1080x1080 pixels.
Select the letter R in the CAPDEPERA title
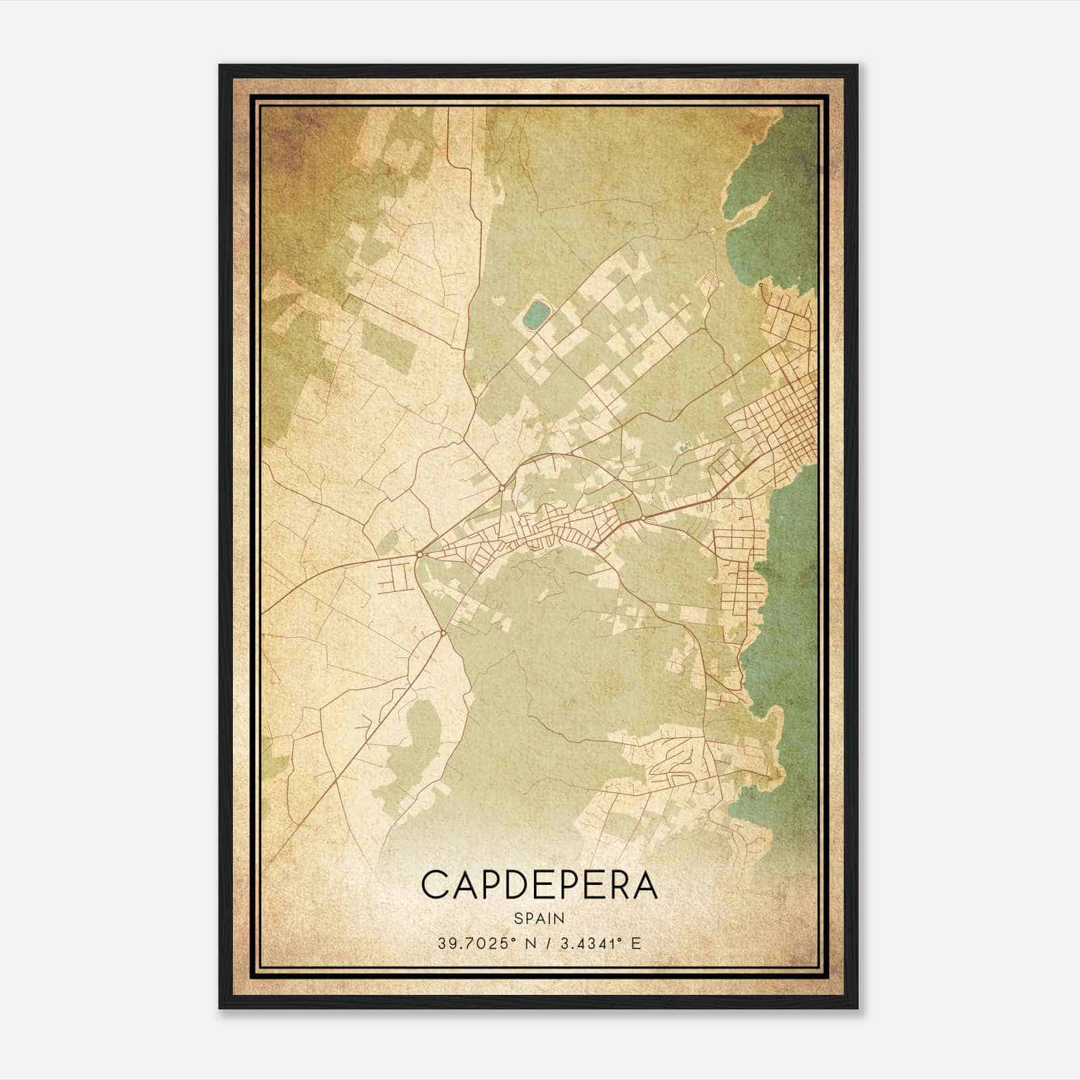[x=611, y=886]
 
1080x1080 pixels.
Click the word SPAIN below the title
[x=539, y=918]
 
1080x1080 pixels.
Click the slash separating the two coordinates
[x=547, y=944]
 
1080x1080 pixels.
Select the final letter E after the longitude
[x=636, y=944]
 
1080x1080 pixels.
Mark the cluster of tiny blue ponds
[x=684, y=446]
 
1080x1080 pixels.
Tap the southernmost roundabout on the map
[x=442, y=633]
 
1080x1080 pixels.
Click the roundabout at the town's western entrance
[x=419, y=554]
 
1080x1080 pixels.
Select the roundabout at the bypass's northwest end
[x=503, y=487]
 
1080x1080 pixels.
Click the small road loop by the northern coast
[x=761, y=286]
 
